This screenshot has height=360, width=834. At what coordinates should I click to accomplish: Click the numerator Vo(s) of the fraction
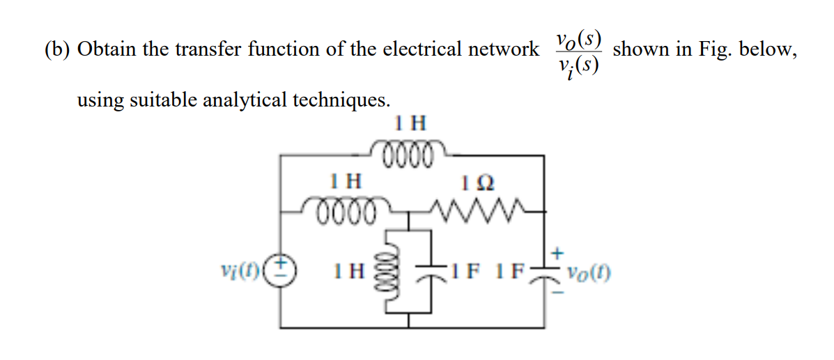(578, 38)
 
